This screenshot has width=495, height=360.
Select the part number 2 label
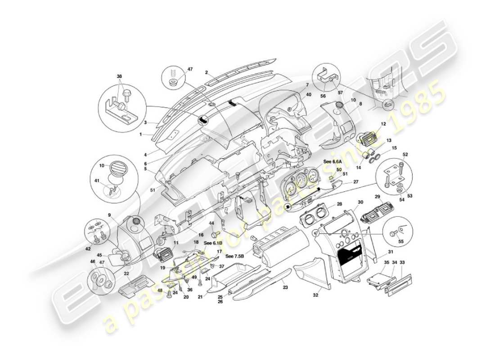click(206, 72)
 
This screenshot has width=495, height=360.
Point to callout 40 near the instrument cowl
click(309, 94)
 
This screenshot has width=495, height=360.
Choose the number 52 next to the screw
click(405, 154)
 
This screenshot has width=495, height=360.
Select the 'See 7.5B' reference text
click(234, 256)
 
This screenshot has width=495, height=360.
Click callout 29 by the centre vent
click(378, 197)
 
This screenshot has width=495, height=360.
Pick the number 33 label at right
click(402, 262)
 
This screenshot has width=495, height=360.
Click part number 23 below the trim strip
click(284, 286)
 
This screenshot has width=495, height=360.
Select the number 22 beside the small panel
click(126, 273)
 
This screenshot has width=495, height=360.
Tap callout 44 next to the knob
click(211, 223)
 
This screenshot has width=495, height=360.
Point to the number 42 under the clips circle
click(88, 248)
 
